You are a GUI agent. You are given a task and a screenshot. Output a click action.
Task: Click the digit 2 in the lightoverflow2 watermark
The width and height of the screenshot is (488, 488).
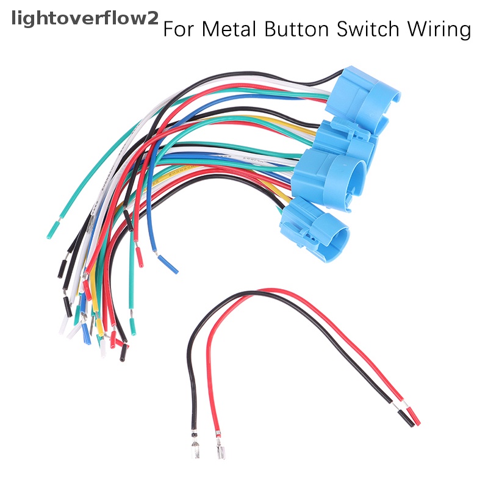pos(151,19)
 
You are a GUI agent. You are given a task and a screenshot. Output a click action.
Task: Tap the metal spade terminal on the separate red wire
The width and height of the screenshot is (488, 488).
pos(219,454)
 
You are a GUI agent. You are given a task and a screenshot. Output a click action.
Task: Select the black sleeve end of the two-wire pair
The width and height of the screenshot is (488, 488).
pos(404,418)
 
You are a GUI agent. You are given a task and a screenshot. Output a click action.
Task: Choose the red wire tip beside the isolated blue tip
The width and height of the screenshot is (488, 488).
pos(139,258)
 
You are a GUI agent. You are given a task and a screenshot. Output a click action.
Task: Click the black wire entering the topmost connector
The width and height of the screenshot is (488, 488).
pos(332,77)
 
